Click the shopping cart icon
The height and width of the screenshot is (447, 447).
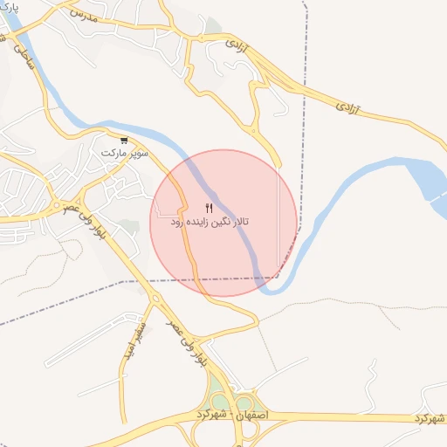[x=124, y=140]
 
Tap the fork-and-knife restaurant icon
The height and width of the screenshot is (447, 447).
[x=209, y=208]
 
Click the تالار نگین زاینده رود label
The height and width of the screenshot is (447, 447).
[x=210, y=223]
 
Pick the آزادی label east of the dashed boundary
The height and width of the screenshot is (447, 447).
[x=350, y=107]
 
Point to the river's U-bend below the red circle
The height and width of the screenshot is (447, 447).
[x=278, y=286]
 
